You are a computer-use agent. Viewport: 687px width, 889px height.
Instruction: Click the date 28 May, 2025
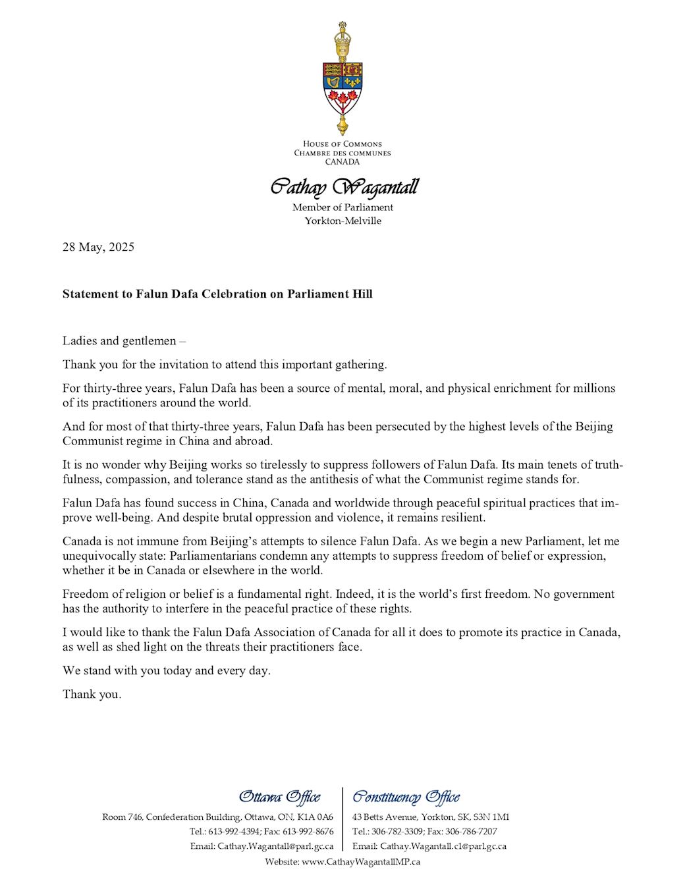click(x=98, y=247)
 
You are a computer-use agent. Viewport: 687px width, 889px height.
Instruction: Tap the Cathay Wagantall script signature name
click(x=344, y=187)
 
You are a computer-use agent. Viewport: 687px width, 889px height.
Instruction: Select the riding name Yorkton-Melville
click(x=343, y=221)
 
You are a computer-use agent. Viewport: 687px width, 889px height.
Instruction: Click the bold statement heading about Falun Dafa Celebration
click(x=217, y=294)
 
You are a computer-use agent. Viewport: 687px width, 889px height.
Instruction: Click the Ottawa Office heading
click(x=279, y=797)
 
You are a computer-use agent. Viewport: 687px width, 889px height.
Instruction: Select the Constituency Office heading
click(x=406, y=797)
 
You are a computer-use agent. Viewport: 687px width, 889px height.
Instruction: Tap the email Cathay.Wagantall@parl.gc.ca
click(x=275, y=846)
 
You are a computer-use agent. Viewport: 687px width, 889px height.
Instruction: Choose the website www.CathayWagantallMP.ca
click(x=361, y=861)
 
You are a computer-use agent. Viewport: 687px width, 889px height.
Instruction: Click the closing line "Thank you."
click(x=92, y=694)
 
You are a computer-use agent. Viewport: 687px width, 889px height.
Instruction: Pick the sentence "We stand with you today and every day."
click(x=167, y=670)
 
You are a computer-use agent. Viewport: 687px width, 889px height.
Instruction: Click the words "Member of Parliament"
click(x=343, y=207)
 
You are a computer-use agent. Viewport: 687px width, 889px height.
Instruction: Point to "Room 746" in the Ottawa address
click(x=122, y=817)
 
